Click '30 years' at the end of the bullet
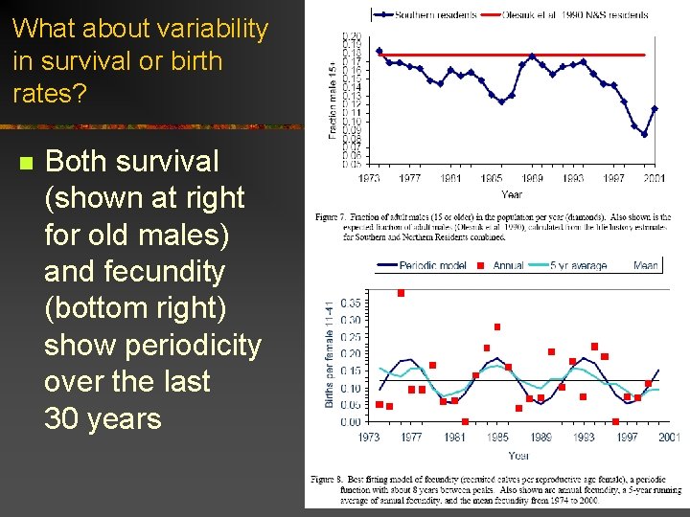click(103, 418)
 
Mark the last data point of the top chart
click(655, 108)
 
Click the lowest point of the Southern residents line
click(644, 134)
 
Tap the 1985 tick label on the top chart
click(492, 178)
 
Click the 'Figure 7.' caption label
click(333, 217)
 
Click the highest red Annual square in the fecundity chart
click(401, 293)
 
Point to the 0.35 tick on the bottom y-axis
click(351, 303)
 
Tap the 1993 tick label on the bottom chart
click(583, 438)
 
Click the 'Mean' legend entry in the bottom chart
click(645, 265)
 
